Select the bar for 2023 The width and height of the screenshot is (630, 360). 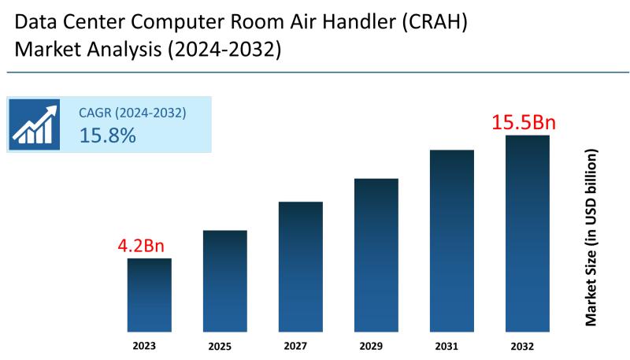coord(150,295)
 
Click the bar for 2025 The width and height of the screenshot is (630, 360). coord(225,280)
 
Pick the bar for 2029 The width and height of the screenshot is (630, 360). coord(376,254)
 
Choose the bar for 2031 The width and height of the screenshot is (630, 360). coord(452,240)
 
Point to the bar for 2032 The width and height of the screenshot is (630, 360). coord(528,233)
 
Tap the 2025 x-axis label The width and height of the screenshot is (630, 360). coord(220,346)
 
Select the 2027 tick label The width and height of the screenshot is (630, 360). coord(296,345)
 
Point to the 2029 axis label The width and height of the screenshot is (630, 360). coord(372,345)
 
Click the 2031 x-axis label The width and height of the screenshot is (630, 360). coord(447,345)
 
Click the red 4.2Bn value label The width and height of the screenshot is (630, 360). coord(146,245)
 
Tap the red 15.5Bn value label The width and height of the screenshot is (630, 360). coord(524,123)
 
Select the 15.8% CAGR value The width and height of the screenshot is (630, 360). coord(108,135)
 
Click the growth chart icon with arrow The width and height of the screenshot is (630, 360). coord(34,124)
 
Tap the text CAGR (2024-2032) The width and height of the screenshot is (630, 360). coord(132,113)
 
